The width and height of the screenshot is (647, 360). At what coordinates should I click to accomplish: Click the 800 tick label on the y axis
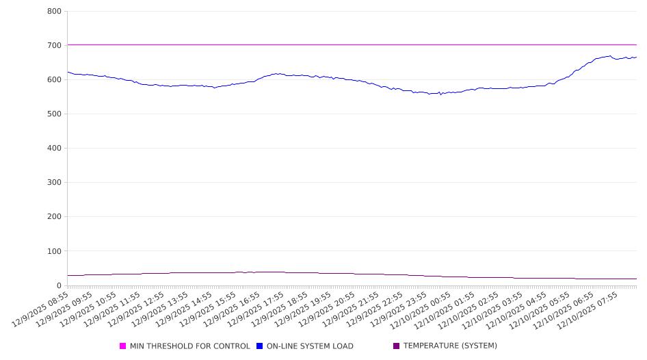coord(55,12)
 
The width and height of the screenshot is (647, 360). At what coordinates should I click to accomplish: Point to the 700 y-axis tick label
coord(55,46)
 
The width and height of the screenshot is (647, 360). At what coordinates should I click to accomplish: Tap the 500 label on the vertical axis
coord(55,114)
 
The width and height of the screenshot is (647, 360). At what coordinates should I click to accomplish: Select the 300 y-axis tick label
coord(55,183)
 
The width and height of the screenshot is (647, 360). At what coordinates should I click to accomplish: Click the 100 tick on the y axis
coord(55,251)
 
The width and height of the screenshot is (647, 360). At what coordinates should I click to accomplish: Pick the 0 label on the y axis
coord(59,285)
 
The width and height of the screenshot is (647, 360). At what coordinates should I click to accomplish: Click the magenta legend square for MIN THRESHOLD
coord(123,346)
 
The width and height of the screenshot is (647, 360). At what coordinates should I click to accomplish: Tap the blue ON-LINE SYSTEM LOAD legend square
coord(260,346)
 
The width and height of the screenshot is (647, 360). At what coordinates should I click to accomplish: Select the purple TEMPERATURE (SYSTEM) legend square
coord(397,346)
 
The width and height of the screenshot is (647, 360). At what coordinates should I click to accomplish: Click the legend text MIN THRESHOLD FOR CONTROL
coord(189,346)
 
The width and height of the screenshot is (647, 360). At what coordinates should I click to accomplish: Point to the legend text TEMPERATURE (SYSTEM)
coord(450,346)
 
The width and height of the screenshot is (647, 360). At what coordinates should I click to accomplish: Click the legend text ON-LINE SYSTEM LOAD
coord(310,346)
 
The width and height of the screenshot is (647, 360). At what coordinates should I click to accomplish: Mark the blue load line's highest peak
coord(609,56)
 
